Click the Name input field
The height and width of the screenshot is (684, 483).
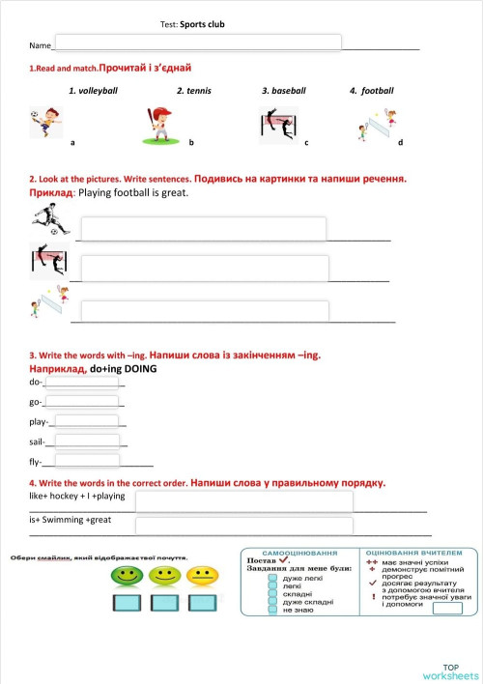pyautogui.click(x=197, y=43)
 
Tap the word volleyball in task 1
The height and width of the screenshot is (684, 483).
pyautogui.click(x=93, y=91)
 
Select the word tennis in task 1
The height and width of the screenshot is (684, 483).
pyautogui.click(x=193, y=91)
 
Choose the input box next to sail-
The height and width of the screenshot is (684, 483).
pyautogui.click(x=87, y=442)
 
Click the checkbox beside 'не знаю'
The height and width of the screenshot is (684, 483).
pyautogui.click(x=273, y=611)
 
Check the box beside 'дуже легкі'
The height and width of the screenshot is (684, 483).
pyautogui.click(x=273, y=578)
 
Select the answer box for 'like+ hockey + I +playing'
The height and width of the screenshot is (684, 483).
pyautogui.click(x=243, y=500)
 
